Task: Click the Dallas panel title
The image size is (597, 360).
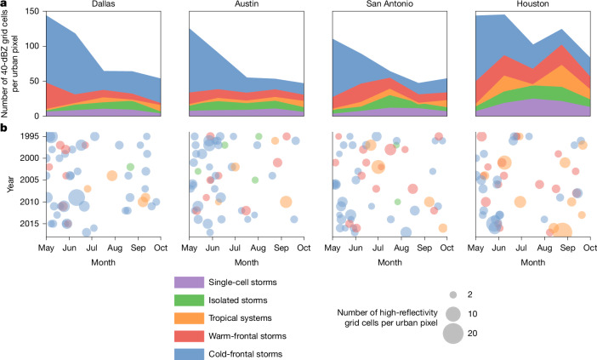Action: pyautogui.click(x=103, y=3)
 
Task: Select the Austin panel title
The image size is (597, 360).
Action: pyautogui.click(x=247, y=3)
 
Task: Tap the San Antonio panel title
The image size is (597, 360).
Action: pyautogui.click(x=389, y=3)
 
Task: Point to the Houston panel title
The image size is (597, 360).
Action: pyautogui.click(x=532, y=3)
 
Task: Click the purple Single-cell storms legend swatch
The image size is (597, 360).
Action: pyautogui.click(x=189, y=283)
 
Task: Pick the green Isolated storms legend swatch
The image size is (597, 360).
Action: pyautogui.click(x=189, y=300)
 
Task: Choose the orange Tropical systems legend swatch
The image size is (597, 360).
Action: pyautogui.click(x=189, y=318)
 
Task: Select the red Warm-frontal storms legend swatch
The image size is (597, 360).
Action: pyautogui.click(x=189, y=336)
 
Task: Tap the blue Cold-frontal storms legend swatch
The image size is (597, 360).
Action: pyautogui.click(x=189, y=353)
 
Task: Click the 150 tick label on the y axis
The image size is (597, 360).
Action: pyautogui.click(x=33, y=11)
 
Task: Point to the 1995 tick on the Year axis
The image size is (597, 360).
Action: pyautogui.click(x=29, y=136)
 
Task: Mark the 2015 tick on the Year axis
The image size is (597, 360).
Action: pyautogui.click(x=29, y=224)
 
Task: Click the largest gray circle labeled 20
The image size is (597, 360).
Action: pyautogui.click(x=453, y=334)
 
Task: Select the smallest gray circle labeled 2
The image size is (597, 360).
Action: pyautogui.click(x=453, y=294)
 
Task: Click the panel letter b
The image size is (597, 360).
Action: pyautogui.click(x=3, y=129)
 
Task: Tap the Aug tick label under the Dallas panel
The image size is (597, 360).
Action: pyautogui.click(x=115, y=248)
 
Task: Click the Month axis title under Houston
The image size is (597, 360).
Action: pyautogui.click(x=532, y=262)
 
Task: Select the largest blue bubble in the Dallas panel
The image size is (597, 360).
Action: pyautogui.click(x=77, y=197)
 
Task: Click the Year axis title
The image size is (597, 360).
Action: pyautogui.click(x=10, y=184)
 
